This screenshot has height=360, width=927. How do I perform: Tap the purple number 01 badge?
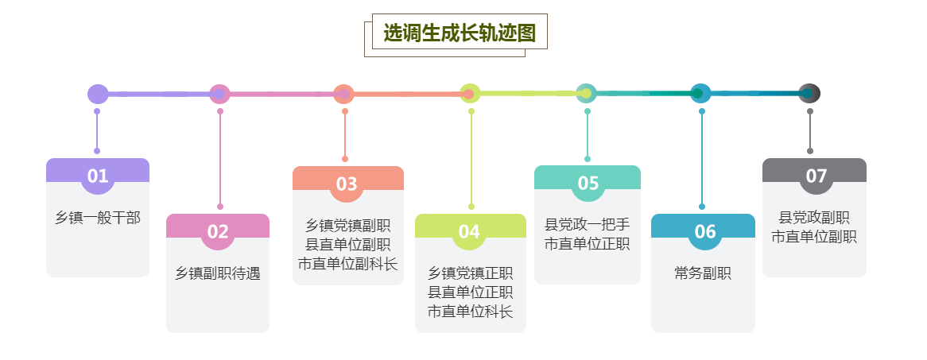click(98, 176)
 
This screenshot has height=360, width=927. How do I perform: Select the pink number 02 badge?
click(218, 231)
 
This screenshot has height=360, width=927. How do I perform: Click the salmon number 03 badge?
click(347, 184)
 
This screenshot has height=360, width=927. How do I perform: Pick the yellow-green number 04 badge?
click(469, 231)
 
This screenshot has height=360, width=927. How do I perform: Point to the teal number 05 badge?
click(588, 183)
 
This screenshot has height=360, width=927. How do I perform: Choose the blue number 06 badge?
click(705, 231)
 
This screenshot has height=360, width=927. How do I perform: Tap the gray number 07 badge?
click(816, 176)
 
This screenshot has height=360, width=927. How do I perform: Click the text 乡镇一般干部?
click(98, 218)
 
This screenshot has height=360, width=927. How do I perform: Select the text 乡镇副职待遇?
click(218, 273)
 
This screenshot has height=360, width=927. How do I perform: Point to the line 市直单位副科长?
click(347, 264)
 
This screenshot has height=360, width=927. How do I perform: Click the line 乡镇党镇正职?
click(471, 273)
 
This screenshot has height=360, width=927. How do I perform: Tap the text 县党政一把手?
click(588, 225)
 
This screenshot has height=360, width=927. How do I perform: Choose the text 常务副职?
click(703, 273)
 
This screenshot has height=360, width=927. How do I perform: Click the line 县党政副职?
click(814, 218)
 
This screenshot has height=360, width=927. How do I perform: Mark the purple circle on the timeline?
click(98, 94)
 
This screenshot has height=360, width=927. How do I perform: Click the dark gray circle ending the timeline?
click(809, 94)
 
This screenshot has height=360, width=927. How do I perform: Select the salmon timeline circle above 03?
click(343, 94)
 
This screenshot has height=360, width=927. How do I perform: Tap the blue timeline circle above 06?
click(700, 94)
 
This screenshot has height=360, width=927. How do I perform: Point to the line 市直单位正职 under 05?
click(588, 244)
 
